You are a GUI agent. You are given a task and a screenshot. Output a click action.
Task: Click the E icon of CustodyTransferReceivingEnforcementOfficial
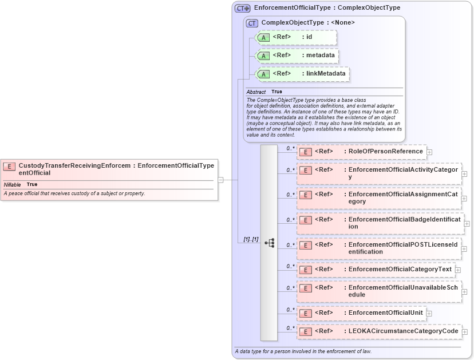(x=9, y=167)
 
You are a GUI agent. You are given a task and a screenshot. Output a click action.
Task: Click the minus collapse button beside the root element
(x=220, y=180)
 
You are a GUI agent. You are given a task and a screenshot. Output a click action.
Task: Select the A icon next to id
(x=263, y=37)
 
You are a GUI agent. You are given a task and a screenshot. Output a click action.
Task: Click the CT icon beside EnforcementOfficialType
(x=242, y=8)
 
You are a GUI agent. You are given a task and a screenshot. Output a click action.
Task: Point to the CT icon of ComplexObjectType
(x=252, y=23)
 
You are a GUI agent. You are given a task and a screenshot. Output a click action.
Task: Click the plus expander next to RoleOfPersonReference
(x=429, y=152)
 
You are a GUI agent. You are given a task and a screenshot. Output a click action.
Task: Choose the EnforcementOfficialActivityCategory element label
(x=403, y=173)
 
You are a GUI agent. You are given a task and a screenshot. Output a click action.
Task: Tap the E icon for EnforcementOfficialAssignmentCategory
(x=306, y=195)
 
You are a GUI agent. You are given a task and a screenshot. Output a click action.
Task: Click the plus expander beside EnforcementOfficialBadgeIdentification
(x=467, y=224)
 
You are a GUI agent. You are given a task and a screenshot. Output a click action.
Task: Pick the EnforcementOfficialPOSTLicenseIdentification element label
(x=403, y=248)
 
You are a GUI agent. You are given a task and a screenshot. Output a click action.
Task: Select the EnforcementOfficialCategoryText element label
(x=400, y=269)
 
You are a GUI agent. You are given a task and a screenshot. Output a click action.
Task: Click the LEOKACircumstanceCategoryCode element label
(x=403, y=331)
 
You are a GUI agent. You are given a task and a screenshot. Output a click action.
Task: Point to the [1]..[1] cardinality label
(x=251, y=239)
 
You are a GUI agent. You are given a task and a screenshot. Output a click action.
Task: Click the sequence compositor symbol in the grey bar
(x=269, y=243)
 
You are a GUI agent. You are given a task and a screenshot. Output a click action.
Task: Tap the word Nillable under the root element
(x=13, y=185)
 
